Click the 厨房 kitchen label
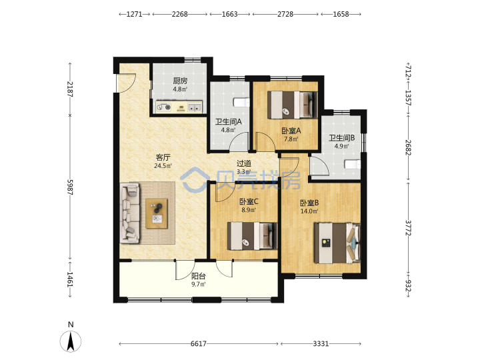click(x=180, y=81)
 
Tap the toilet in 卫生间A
click(x=242, y=102)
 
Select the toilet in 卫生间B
click(x=353, y=165)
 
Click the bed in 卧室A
click(x=293, y=105)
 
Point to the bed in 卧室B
click(x=337, y=243)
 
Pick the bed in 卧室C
click(x=252, y=236)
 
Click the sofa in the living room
click(x=130, y=213)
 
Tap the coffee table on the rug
click(x=157, y=213)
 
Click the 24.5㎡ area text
click(x=163, y=166)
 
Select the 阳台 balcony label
click(x=199, y=276)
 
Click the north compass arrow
click(x=71, y=341)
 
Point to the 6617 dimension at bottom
click(x=199, y=344)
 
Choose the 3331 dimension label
click(x=321, y=344)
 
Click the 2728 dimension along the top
click(x=285, y=14)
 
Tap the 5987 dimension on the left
click(x=70, y=187)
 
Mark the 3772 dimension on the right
click(x=408, y=228)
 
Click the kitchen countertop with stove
click(x=179, y=107)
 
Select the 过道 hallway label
click(x=244, y=163)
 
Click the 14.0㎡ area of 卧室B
click(x=309, y=211)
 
